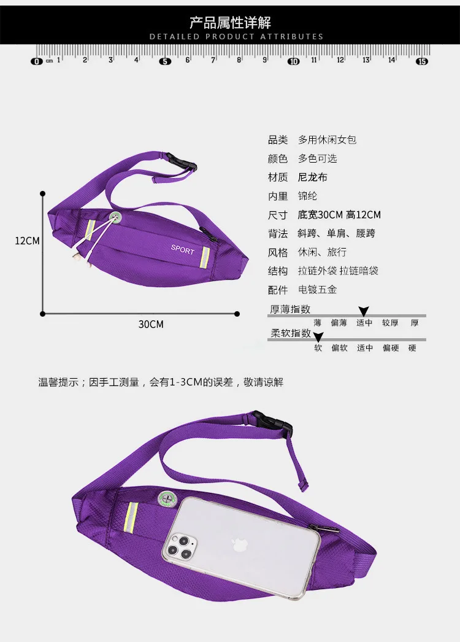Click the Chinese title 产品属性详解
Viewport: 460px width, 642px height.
(230, 23)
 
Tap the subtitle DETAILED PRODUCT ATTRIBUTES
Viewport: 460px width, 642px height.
(236, 37)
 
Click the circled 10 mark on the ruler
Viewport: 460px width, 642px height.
(293, 61)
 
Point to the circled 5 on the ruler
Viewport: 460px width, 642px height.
(165, 61)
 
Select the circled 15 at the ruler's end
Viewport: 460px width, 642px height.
(421, 61)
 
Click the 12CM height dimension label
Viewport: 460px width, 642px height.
(27, 241)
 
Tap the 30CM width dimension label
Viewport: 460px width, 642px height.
(150, 324)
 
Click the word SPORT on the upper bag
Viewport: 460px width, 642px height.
(182, 251)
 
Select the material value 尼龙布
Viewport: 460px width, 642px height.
(313, 177)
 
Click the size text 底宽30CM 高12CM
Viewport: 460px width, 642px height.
(339, 215)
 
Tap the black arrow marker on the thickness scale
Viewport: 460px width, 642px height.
(363, 312)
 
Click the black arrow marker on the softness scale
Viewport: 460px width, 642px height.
(318, 336)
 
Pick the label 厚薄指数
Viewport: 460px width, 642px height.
(289, 309)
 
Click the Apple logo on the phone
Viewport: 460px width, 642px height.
(237, 544)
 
